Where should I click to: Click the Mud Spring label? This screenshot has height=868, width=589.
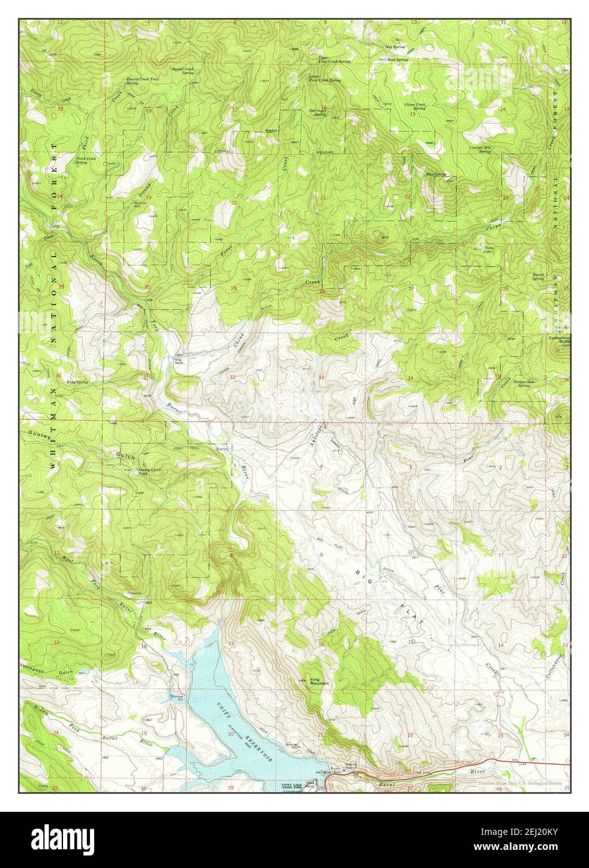(397, 60)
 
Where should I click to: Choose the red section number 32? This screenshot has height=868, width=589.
(233, 377)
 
